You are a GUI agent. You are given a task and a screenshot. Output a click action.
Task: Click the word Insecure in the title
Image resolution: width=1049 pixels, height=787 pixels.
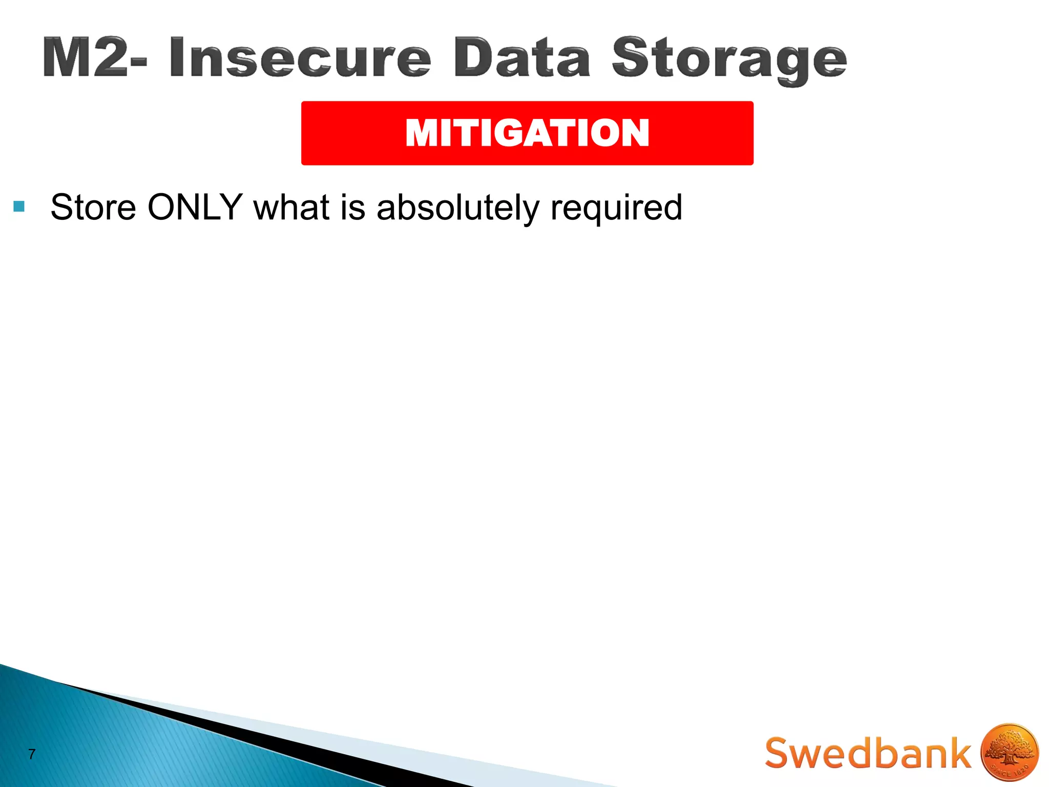pos(300,58)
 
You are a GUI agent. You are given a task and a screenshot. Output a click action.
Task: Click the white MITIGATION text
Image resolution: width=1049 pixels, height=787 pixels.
pos(527,133)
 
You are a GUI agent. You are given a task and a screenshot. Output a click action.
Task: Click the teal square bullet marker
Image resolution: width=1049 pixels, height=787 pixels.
pos(19,207)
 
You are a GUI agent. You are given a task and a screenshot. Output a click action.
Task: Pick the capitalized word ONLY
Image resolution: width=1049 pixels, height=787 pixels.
pos(195,208)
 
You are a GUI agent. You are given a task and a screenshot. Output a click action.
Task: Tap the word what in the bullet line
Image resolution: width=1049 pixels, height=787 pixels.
pos(291,208)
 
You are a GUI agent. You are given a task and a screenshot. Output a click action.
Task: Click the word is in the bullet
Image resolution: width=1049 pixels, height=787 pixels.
pos(353,208)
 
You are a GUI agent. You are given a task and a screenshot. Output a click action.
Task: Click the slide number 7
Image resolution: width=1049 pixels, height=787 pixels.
pos(32,754)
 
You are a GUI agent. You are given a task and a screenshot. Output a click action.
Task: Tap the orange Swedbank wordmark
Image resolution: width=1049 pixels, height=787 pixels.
pos(868,753)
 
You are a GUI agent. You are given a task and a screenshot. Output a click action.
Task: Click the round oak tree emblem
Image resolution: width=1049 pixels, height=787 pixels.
pos(1010,753)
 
